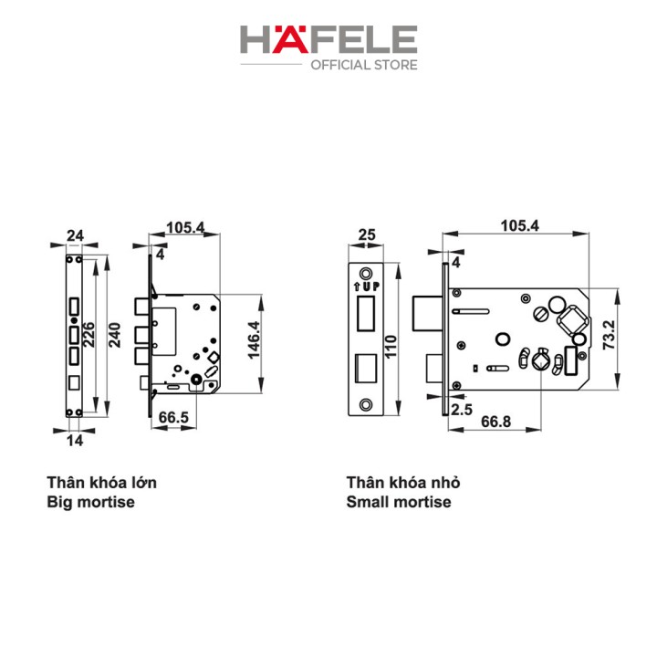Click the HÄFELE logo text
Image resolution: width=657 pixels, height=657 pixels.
point(328,39)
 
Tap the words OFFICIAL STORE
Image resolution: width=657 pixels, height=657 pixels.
point(364,65)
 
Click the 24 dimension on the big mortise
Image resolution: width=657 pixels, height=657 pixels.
point(75,235)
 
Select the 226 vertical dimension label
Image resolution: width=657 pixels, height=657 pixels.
point(89,334)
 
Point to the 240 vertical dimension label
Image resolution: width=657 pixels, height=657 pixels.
point(114,335)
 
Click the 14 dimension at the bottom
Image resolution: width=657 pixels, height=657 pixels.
point(75,441)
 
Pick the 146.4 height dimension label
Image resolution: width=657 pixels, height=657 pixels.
point(254,340)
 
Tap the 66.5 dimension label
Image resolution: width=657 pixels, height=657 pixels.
point(173,417)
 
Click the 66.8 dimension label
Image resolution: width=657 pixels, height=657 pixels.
point(495,422)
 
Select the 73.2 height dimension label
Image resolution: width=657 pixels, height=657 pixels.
point(609,335)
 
